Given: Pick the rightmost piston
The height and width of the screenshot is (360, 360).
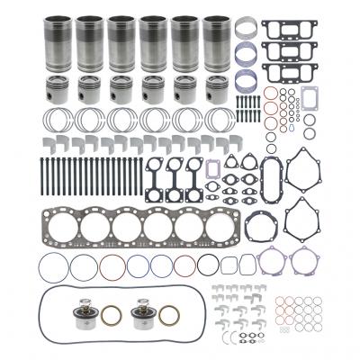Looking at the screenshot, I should (x=216, y=91).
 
